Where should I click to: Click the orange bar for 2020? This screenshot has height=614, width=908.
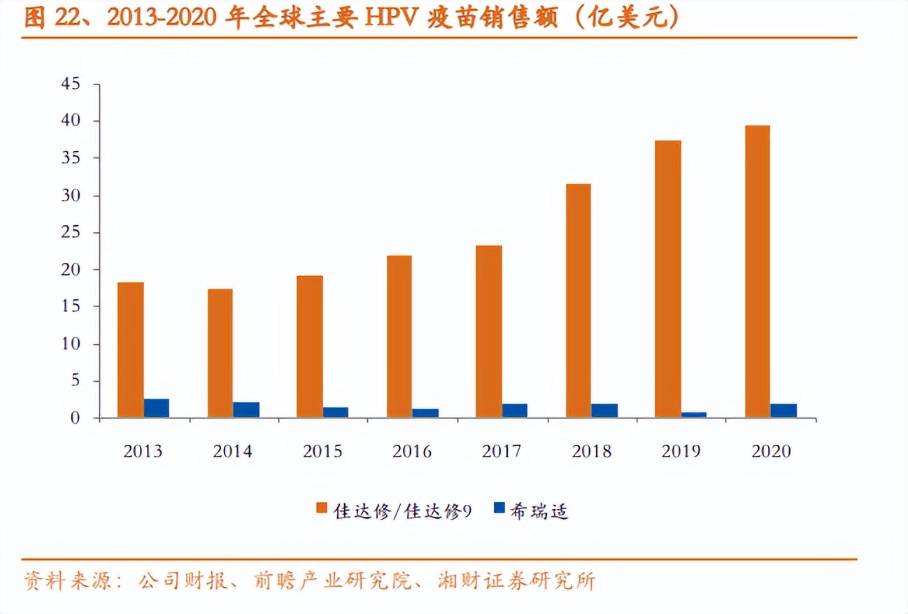tap(757, 271)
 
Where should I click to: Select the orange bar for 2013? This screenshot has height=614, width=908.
tap(130, 350)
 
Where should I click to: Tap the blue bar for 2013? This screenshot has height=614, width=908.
tap(157, 408)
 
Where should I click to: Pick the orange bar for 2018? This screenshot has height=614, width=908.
tap(578, 301)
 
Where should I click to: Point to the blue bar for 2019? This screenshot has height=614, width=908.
tap(694, 415)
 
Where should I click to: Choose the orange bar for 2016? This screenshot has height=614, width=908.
tap(399, 336)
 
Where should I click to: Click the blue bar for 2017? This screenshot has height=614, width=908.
tap(515, 410)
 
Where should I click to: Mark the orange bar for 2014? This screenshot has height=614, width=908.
tap(220, 353)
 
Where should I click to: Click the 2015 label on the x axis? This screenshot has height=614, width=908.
tap(322, 452)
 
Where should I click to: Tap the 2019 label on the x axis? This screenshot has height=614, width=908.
tap(681, 452)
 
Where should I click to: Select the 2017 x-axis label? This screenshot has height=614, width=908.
tap(502, 452)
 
